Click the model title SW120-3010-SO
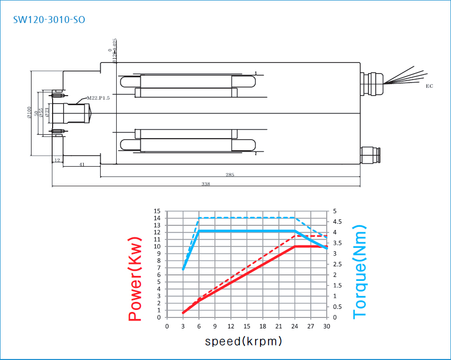tap(49, 20)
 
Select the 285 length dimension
tap(230, 175)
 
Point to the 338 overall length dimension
tap(205, 184)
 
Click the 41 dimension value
tap(82, 164)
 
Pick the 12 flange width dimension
tap(57, 160)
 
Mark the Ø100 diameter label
tap(29, 113)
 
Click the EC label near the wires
tap(429, 86)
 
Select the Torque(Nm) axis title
tap(360, 271)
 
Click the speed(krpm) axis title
tap(244, 341)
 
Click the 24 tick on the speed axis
tap(295, 326)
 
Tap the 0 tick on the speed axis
tap(167, 326)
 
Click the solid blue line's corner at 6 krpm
tap(199, 231)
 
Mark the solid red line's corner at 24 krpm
tap(295, 246)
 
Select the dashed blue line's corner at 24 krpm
tap(295, 218)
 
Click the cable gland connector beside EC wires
tap(372, 84)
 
